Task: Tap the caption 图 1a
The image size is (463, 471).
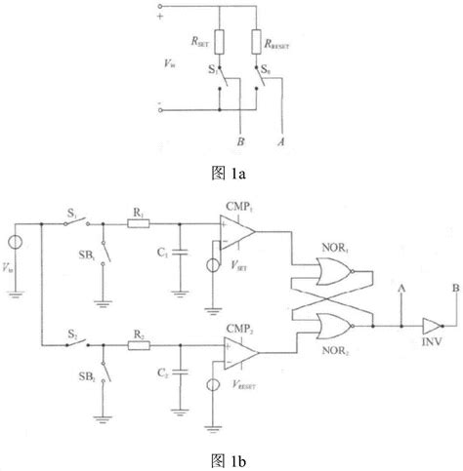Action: (x=231, y=175)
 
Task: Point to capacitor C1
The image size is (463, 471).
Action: (x=179, y=256)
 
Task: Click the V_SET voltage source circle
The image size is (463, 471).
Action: (x=213, y=264)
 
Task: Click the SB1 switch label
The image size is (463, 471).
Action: (x=85, y=261)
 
